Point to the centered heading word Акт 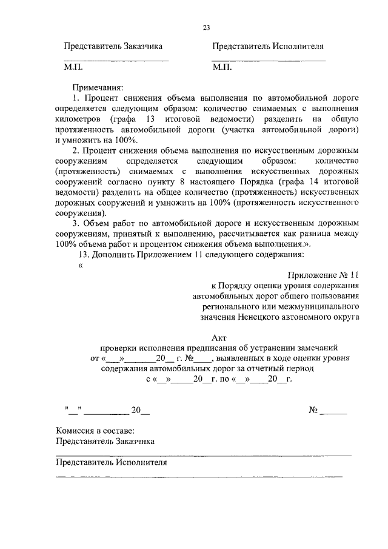point(219,337)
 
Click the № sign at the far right point(313,410)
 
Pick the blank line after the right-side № point(333,414)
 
